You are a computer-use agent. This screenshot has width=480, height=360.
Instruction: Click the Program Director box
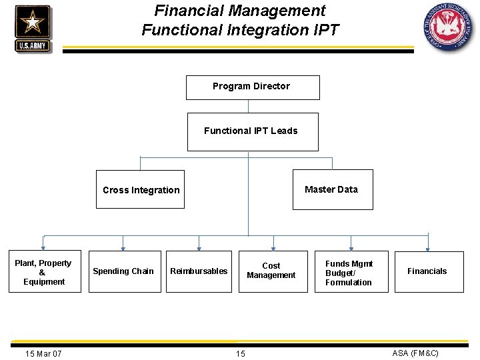pyautogui.click(x=252, y=87)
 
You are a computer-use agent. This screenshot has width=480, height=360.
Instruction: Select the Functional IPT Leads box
pyautogui.click(x=251, y=131)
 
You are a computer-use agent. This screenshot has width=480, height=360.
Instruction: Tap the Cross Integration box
pyautogui.click(x=141, y=190)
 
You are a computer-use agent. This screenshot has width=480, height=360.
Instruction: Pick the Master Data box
pyautogui.click(x=331, y=189)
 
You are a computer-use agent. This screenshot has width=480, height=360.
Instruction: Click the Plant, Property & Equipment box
pyautogui.click(x=44, y=272)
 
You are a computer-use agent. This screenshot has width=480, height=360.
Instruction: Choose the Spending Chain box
pyautogui.click(x=123, y=271)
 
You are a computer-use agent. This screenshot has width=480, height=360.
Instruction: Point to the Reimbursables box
pyautogui.click(x=199, y=271)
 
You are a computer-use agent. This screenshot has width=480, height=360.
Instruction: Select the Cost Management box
pyautogui.click(x=271, y=271)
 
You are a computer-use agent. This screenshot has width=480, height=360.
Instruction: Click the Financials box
pyautogui.click(x=428, y=271)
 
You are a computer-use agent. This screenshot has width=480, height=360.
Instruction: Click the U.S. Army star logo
pyautogui.click(x=32, y=28)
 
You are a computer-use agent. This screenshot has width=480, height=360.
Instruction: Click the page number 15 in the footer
pyautogui.click(x=240, y=353)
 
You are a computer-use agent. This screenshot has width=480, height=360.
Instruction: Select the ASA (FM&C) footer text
pyautogui.click(x=415, y=353)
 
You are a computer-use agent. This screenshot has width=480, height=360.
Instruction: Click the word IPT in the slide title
pyautogui.click(x=325, y=30)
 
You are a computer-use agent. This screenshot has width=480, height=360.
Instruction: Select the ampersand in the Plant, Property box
pyautogui.click(x=43, y=273)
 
